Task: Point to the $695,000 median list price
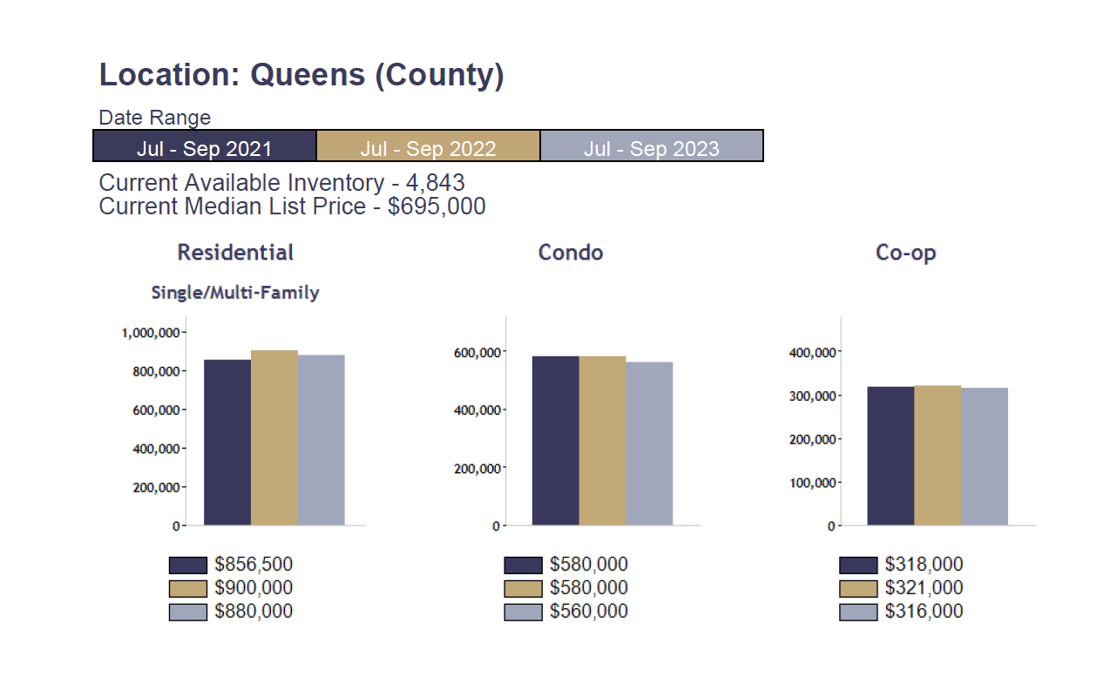coord(437,206)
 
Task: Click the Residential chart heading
coord(235,253)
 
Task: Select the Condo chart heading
coord(571,253)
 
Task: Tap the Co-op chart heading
coord(905,253)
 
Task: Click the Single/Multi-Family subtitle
coord(235,293)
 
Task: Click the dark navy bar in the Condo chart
coord(555,441)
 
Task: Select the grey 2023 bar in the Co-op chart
coord(985,457)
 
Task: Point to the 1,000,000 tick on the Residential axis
coord(151,332)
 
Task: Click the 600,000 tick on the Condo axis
coord(476,352)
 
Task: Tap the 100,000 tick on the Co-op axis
coord(812,483)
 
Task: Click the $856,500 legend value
coord(254,565)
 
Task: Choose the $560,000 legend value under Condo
coord(588,612)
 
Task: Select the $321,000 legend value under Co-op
coord(924,588)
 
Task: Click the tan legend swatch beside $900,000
coord(187,588)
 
